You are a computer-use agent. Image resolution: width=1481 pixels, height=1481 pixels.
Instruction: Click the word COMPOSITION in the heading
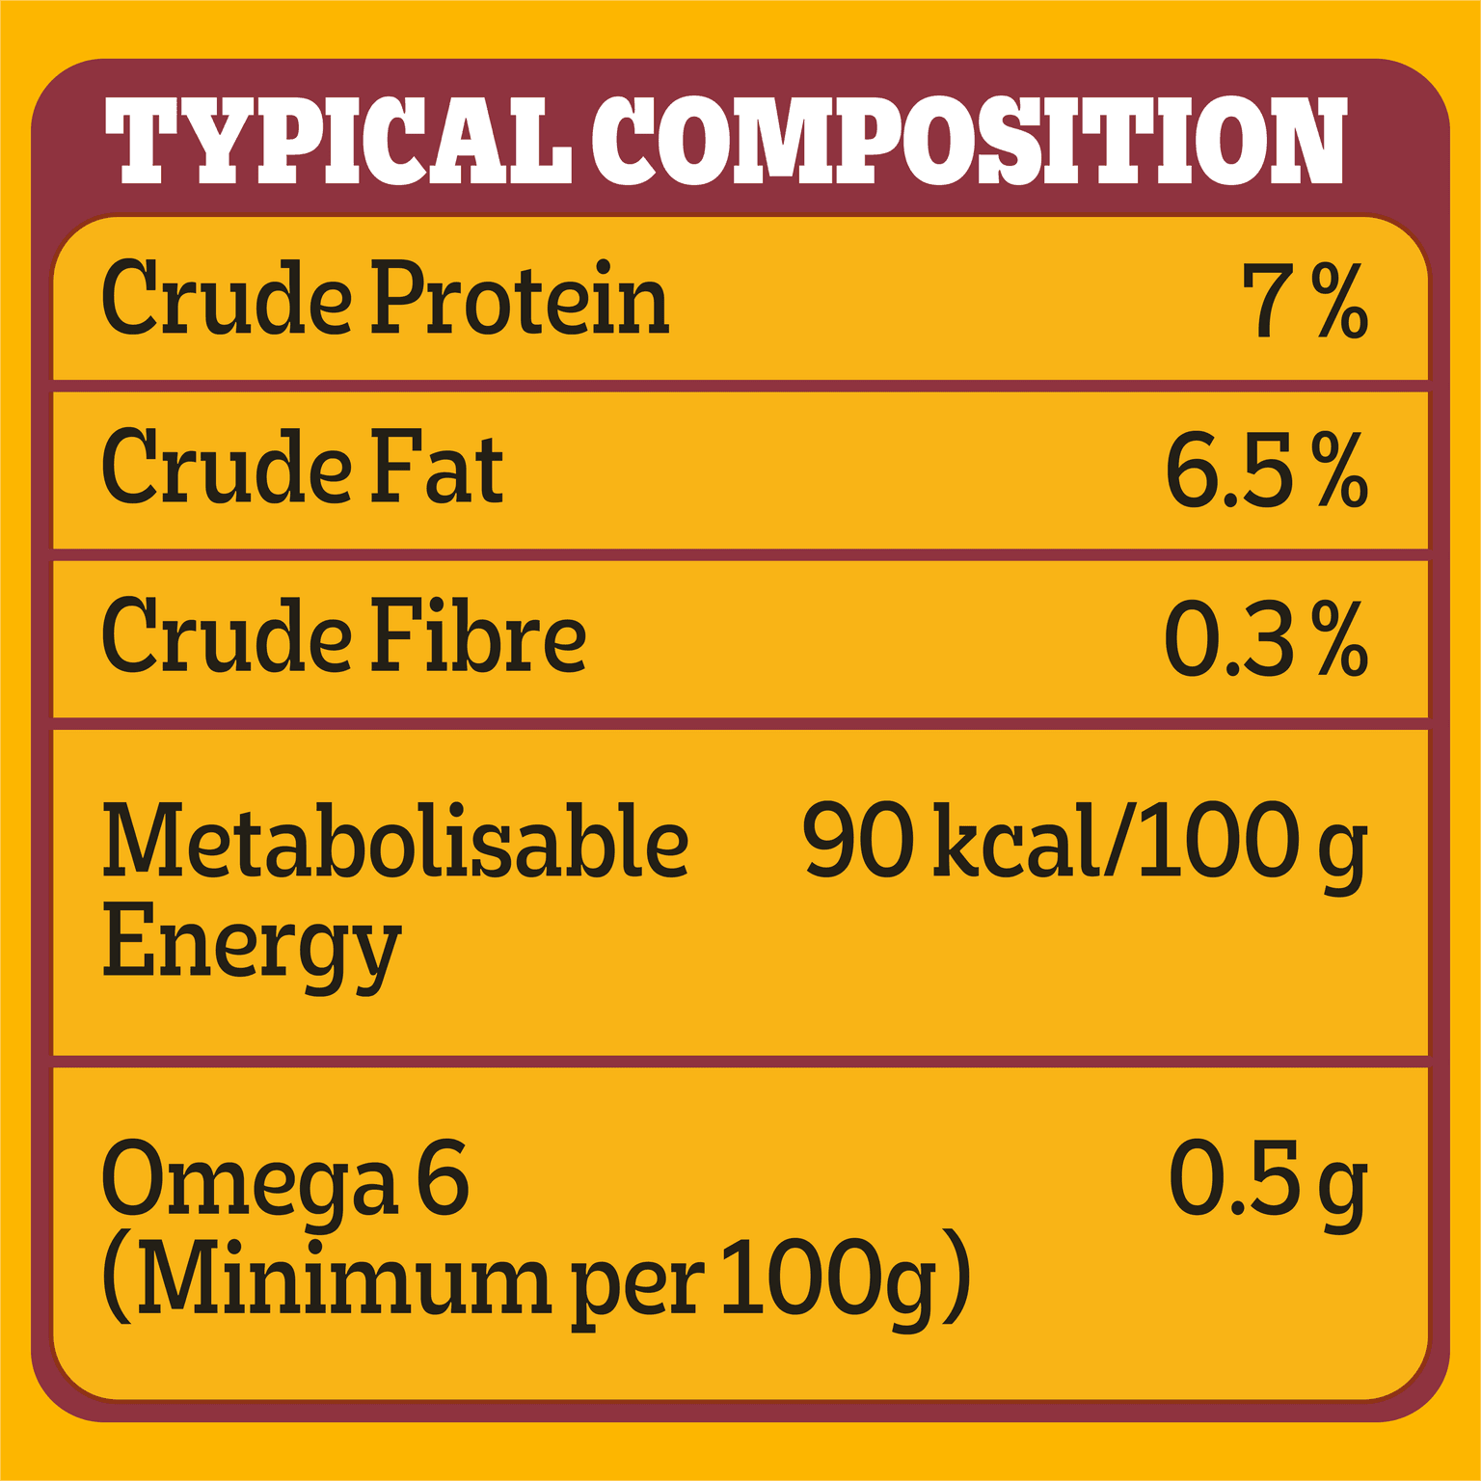[x=968, y=141]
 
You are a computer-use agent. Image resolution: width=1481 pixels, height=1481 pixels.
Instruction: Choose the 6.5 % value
[x=1265, y=470]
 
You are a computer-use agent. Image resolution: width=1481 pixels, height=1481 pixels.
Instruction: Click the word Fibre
[x=478, y=636]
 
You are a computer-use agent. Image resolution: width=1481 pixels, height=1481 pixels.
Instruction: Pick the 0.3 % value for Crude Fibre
[x=1265, y=638]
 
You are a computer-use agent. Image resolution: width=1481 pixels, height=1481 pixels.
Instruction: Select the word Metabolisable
[x=395, y=841]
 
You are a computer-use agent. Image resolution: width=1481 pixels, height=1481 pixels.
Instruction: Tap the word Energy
[x=251, y=943]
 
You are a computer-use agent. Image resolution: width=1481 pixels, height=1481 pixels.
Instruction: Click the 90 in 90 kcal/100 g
[x=857, y=841]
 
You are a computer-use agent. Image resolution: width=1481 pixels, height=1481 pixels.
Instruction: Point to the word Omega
[x=249, y=1181]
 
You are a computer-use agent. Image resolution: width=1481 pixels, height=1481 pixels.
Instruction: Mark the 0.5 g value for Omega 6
[x=1267, y=1181]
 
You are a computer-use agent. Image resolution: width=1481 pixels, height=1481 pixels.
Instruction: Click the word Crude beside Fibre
[x=227, y=636]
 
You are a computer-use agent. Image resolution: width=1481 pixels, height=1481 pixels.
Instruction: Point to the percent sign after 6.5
[x=1339, y=470]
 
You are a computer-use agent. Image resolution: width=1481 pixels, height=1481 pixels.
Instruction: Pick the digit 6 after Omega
[x=443, y=1177]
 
